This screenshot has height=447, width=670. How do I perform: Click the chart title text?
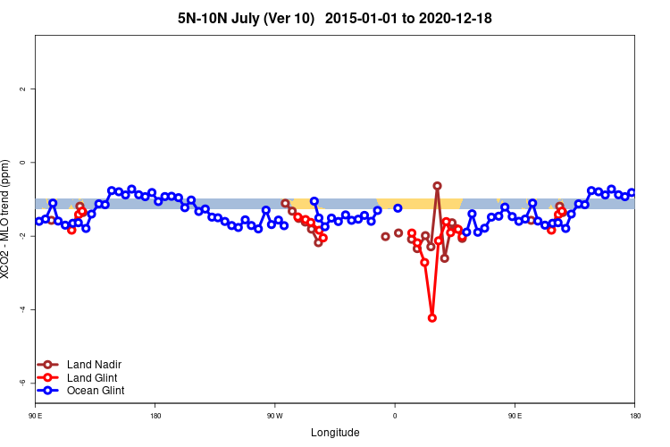pos(334,18)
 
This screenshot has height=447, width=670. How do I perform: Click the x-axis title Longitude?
pos(335,433)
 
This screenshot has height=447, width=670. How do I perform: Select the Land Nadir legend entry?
pos(94,365)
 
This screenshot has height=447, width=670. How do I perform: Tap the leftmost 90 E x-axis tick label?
pos(35,416)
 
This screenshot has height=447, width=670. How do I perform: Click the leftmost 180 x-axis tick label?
pos(155,416)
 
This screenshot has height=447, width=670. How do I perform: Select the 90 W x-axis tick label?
pos(274,416)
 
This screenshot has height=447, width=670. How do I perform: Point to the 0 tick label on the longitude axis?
pos(395,416)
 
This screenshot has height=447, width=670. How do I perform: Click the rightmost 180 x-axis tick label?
pos(634,416)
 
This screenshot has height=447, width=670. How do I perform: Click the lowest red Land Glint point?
pos(432,317)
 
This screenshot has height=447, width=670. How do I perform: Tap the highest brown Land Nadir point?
pos(437,186)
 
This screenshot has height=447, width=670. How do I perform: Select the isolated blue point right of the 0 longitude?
pos(398,207)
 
